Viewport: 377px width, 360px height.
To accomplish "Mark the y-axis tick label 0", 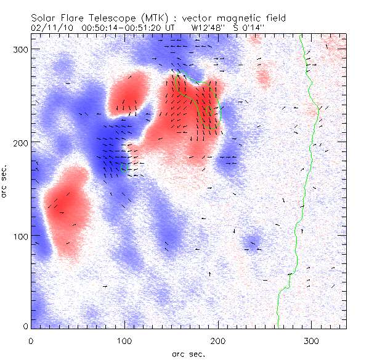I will (23, 326).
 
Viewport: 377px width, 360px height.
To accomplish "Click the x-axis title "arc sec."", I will (188, 353).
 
